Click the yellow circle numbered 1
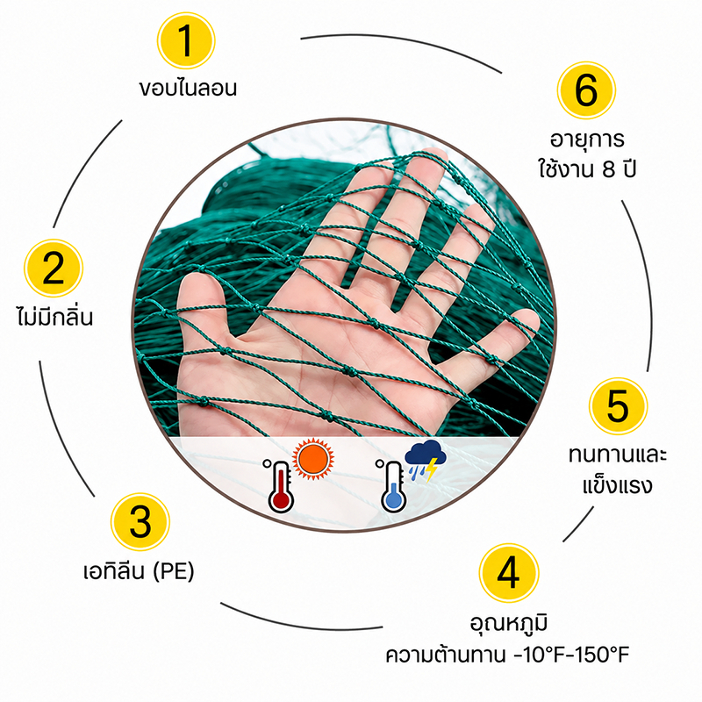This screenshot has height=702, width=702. tap(186, 40)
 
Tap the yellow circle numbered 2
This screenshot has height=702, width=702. tap(54, 268)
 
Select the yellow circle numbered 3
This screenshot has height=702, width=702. tap(140, 521)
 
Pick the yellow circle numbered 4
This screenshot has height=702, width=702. tap(509, 573)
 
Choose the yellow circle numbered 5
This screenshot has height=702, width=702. tap(618, 406)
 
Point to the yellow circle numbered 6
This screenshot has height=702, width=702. tap(586, 90)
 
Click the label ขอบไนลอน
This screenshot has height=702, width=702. tap(188, 88)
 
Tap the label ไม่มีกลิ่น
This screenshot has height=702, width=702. tap(54, 316)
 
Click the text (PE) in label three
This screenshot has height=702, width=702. tap(174, 571)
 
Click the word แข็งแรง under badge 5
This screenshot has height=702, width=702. tap(618, 485)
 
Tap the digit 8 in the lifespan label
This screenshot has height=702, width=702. tap(609, 170)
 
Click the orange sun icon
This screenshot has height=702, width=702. tap(313, 459)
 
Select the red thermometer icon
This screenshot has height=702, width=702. tap(278, 486)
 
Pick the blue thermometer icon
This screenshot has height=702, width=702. tap(391, 486)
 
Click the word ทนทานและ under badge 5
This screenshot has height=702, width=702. tap(618, 454)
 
